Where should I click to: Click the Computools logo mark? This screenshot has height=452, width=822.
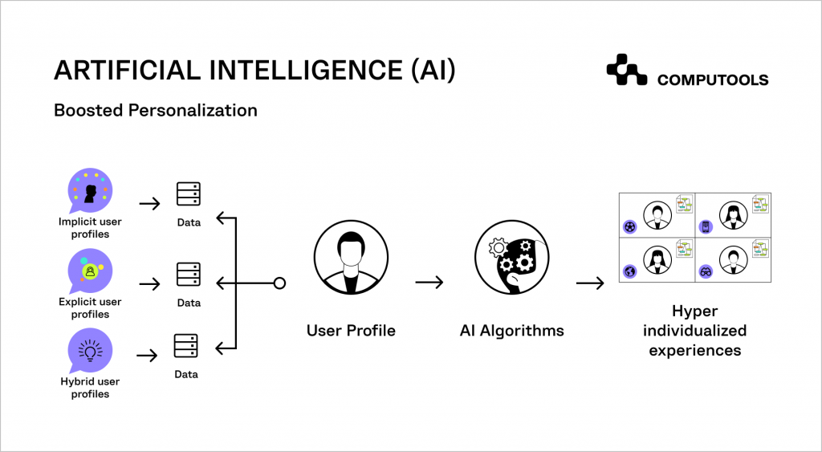tap(626, 70)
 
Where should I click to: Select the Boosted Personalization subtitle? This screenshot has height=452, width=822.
tap(156, 110)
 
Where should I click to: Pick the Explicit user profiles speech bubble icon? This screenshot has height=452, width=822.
tap(90, 271)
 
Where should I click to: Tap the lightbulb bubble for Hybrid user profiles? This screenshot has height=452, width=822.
tap(90, 351)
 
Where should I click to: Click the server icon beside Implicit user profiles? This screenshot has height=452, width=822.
tap(189, 194)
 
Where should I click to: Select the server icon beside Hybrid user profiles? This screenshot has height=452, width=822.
tap(186, 346)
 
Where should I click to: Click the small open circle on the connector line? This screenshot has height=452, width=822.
tap(279, 283)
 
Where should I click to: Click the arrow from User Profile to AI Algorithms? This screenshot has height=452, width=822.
tap(429, 283)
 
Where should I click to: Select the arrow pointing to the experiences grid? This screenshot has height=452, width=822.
tap(590, 283)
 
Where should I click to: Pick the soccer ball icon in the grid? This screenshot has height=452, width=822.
tap(629, 226)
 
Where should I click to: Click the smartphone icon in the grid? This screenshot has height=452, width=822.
tap(706, 226)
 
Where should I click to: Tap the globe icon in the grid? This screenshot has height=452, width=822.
tap(629, 271)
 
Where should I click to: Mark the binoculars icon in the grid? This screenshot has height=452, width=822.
tap(706, 271)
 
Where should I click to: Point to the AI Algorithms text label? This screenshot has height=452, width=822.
tap(511, 330)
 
